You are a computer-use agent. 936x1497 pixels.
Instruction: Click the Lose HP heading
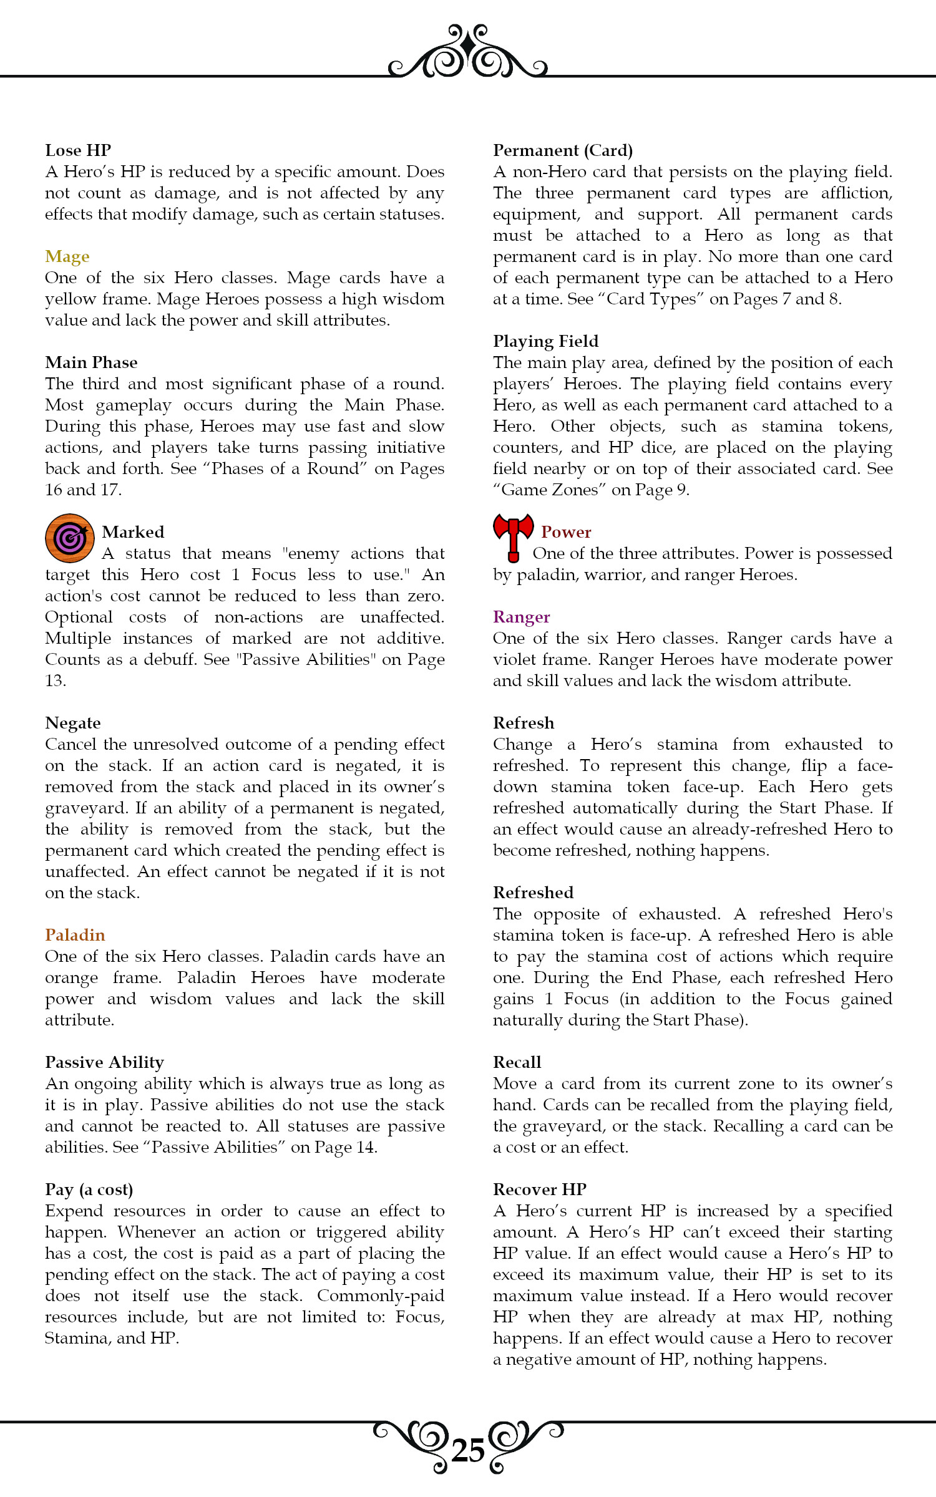[78, 150]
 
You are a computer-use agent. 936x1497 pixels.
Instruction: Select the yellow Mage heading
[67, 256]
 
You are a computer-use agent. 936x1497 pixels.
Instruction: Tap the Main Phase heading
[91, 362]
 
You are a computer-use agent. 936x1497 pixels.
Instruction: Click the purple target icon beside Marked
[70, 538]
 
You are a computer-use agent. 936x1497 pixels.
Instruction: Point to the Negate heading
[72, 723]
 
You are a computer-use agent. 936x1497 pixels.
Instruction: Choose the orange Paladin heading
[75, 935]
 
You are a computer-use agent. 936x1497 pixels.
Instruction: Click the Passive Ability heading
[104, 1062]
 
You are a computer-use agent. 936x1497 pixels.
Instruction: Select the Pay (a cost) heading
[89, 1189]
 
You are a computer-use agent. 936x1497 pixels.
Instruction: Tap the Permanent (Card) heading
[563, 150]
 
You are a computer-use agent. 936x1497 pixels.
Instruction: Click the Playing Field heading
[545, 341]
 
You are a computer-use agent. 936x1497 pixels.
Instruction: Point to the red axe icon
[513, 536]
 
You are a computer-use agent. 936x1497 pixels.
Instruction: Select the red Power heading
[566, 532]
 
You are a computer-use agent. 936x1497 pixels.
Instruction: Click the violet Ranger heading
[521, 617]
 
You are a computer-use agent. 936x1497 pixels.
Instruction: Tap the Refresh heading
[523, 723]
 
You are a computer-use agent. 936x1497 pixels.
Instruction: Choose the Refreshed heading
[533, 893]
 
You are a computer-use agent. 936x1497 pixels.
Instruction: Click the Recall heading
[517, 1062]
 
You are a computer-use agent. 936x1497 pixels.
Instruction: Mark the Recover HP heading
[539, 1189]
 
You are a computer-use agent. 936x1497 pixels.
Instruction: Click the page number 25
[468, 1451]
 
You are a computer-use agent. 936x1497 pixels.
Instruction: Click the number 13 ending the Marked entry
[55, 681]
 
